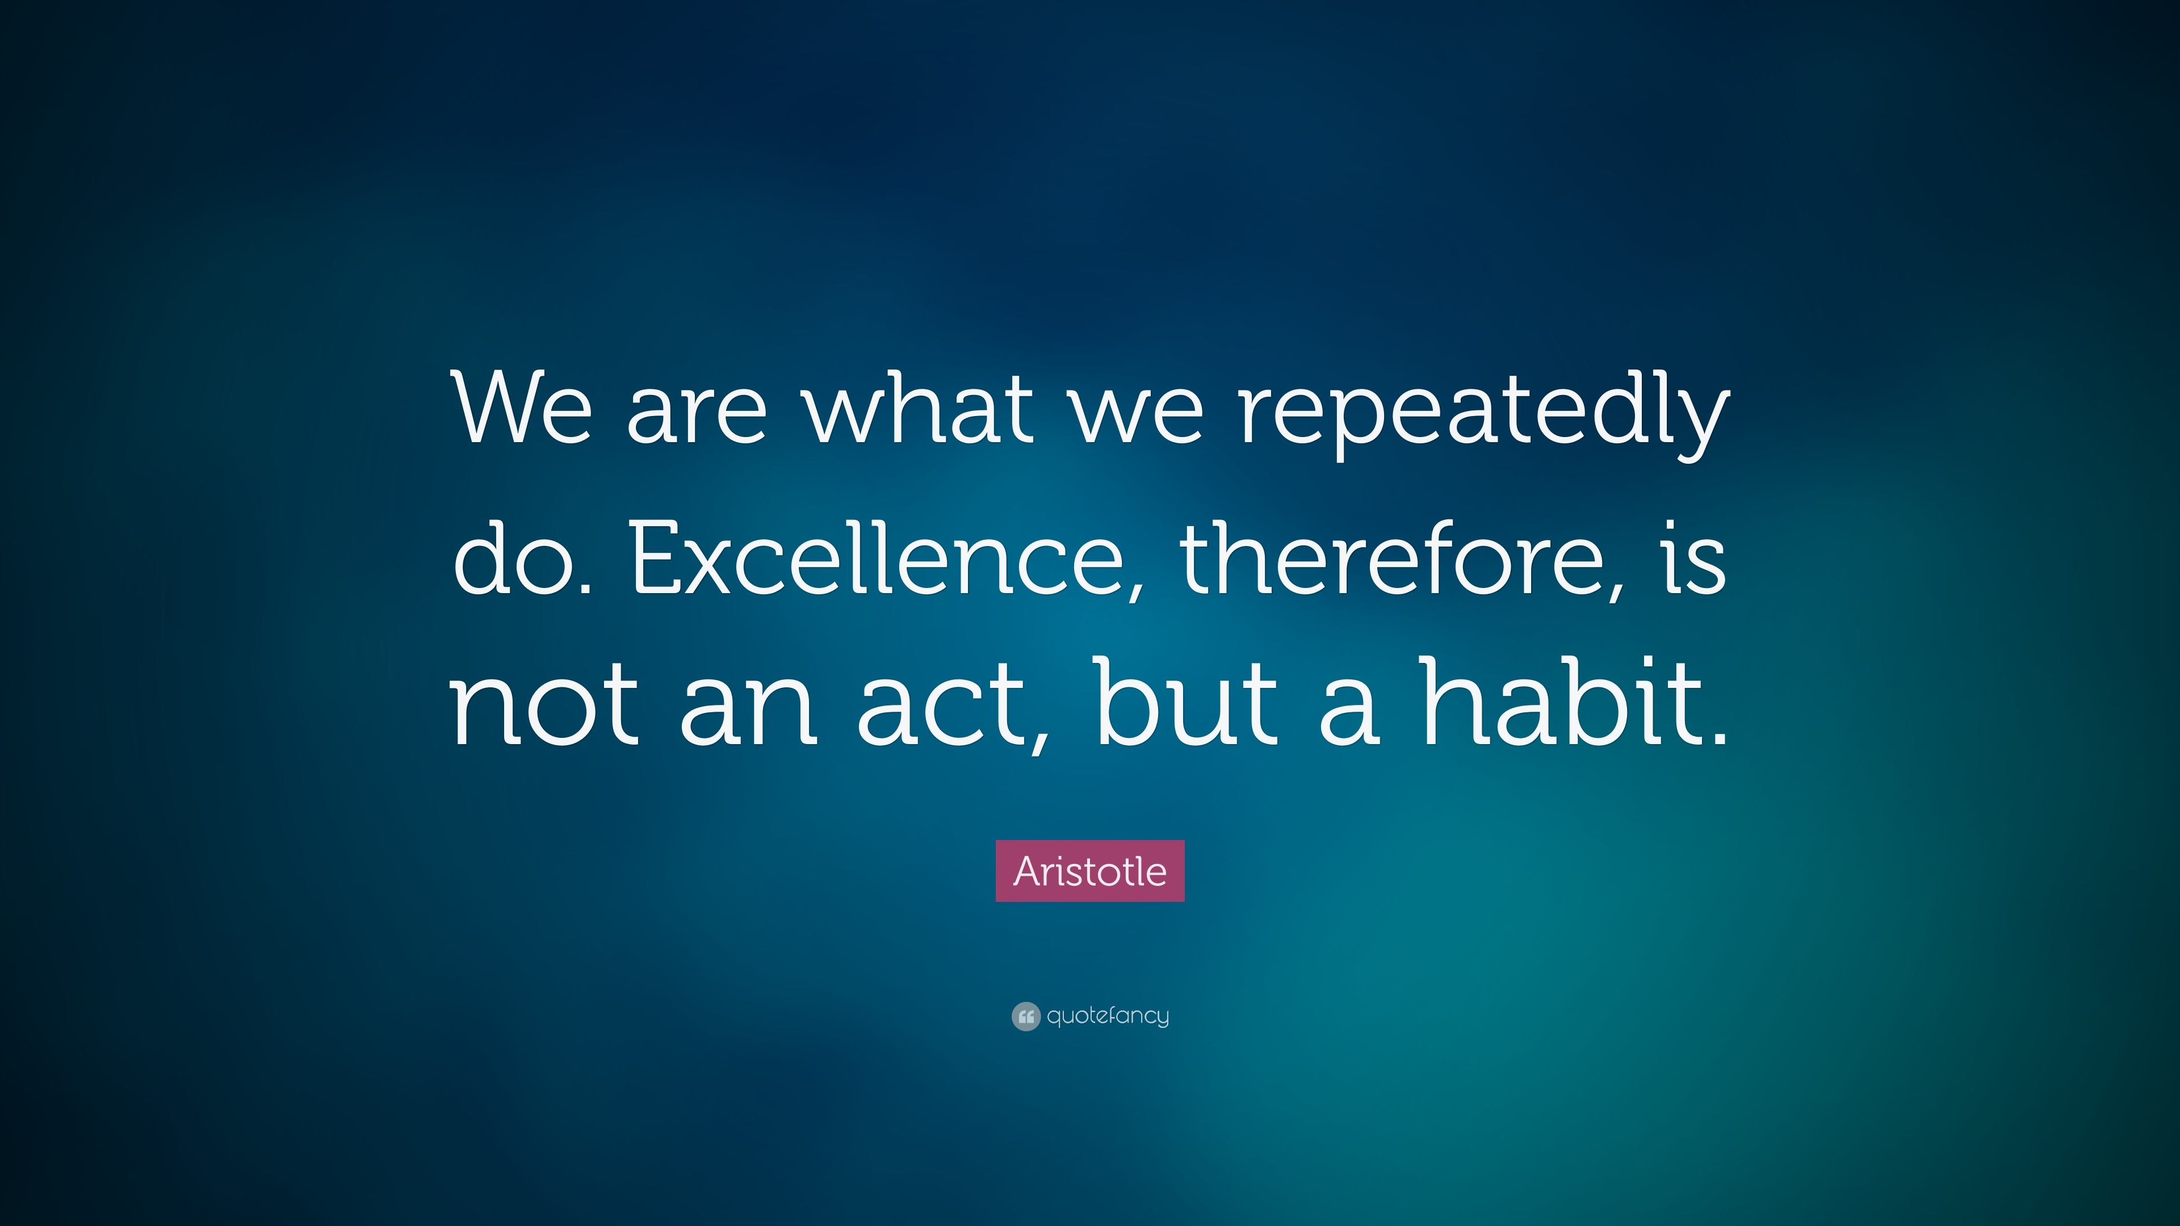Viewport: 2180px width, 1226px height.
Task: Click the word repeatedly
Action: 1483,414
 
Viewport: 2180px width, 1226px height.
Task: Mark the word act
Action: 943,703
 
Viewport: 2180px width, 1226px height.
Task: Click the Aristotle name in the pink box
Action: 1090,871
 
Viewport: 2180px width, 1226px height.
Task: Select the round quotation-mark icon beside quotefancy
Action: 1026,1016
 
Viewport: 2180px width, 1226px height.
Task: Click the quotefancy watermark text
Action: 1108,1015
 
